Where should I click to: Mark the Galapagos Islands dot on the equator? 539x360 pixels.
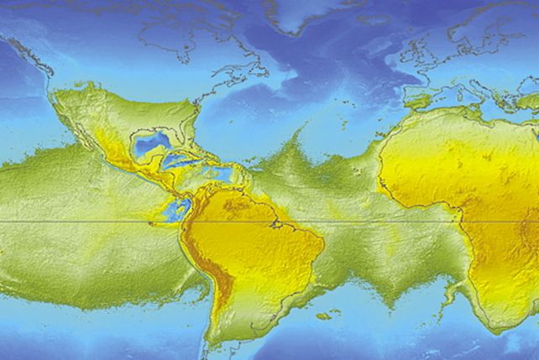152,222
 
